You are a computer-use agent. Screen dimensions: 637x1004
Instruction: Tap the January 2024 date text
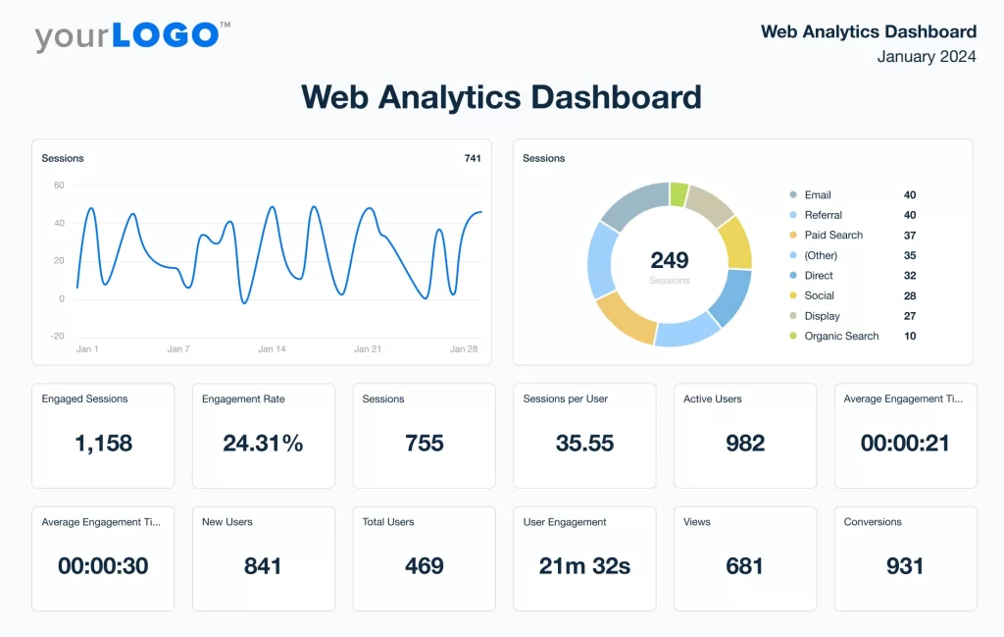tap(927, 57)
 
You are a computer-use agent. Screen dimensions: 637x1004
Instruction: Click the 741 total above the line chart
tap(473, 158)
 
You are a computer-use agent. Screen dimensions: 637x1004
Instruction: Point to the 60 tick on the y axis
tap(59, 186)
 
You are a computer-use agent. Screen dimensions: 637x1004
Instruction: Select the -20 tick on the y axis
tap(58, 336)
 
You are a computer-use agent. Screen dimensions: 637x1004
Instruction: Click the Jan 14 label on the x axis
tap(272, 349)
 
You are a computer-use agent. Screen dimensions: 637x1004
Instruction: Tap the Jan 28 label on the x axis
tap(464, 349)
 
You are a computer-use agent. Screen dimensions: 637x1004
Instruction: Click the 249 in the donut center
tap(670, 260)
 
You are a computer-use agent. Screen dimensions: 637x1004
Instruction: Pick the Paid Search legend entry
tap(833, 236)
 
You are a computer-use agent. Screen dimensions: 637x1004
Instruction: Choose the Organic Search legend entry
tap(841, 337)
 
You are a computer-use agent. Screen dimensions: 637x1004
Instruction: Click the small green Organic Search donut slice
tap(678, 193)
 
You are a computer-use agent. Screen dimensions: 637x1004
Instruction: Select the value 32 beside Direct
tap(910, 276)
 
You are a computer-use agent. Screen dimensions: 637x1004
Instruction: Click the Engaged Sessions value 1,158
tap(103, 444)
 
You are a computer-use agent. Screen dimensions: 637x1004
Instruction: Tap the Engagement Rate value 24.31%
tap(263, 444)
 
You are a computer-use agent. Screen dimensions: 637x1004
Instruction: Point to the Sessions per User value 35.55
tap(584, 444)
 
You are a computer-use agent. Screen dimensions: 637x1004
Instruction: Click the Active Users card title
tap(713, 399)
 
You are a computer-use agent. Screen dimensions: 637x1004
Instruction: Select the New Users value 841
tap(263, 566)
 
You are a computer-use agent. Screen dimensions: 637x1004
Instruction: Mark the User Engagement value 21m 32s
tap(584, 566)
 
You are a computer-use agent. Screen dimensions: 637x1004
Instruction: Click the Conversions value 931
tap(905, 566)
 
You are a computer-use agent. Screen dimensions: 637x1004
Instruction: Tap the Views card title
tap(697, 522)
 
